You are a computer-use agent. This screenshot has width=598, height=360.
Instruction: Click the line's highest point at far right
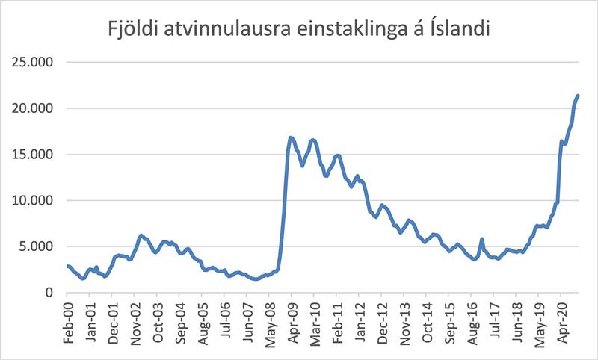coord(578,96)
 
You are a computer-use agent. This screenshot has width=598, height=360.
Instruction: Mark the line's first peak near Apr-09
coord(291,137)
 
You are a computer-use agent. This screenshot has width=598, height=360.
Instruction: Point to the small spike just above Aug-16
coord(482,239)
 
